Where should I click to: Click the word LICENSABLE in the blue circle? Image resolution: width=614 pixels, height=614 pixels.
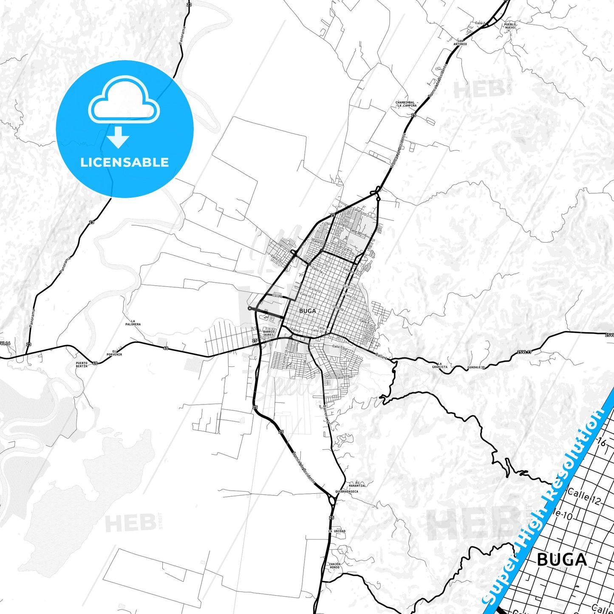124,162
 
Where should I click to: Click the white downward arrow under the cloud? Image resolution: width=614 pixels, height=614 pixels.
119,137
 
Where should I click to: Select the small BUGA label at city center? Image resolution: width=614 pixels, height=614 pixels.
307,311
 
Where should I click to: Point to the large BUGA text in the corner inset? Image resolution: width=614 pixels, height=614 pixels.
562,560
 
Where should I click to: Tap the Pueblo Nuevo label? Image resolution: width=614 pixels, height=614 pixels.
510,26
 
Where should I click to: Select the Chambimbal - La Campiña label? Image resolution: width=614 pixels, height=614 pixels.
407,104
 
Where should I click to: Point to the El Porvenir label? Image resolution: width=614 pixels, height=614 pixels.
114,353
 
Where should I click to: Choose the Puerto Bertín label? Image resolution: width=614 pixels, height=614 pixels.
82,365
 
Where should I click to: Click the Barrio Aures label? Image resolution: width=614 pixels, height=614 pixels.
269,333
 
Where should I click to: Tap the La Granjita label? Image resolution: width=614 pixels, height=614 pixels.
440,365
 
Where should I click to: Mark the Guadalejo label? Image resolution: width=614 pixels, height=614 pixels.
476,367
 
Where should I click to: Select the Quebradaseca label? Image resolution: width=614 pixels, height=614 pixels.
346,492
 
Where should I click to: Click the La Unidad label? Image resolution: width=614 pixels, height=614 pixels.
337,531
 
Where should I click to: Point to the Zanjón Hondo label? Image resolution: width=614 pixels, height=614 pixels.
335,566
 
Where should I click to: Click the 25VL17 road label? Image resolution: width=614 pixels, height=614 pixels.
524,352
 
